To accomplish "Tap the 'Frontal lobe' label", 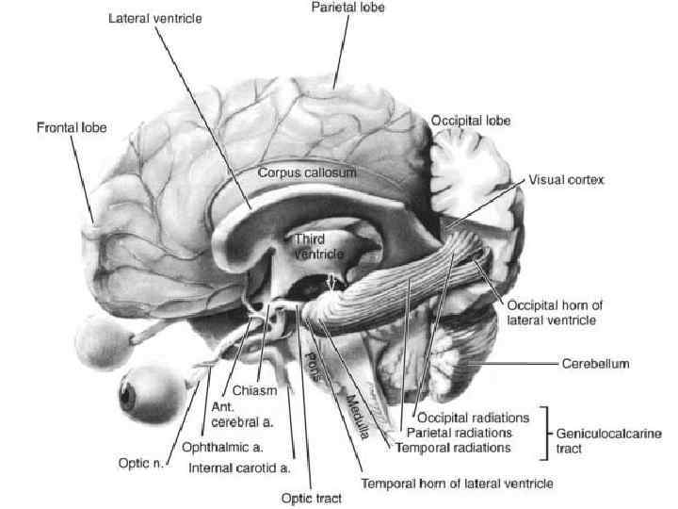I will pos(72,126).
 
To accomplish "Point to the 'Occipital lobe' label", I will pos(471,121).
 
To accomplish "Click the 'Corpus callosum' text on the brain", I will pos(307,173).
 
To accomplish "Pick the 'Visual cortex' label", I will pos(566,179).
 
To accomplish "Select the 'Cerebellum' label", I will pos(595,362).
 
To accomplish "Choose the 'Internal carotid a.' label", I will pos(239,467).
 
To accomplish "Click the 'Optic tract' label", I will pos(312,499).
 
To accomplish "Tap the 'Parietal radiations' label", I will pos(459,432).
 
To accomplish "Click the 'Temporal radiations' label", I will pos(453,448).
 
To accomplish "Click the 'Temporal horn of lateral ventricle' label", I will pos(457,484).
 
